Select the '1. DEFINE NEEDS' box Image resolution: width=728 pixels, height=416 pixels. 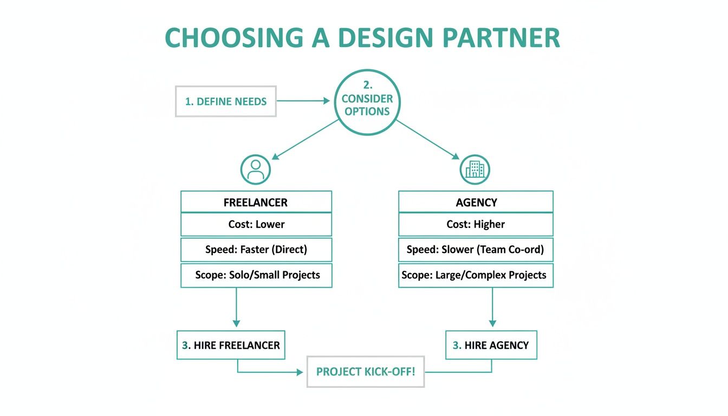[x=226, y=101]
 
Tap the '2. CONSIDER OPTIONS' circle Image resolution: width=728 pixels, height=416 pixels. [x=367, y=102]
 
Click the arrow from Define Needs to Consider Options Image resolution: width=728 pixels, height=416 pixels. [x=303, y=101]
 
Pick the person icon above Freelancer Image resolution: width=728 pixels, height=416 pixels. [x=255, y=169]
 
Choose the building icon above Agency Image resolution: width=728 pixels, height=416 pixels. [x=475, y=169]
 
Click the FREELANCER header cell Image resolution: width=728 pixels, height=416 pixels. [x=256, y=202]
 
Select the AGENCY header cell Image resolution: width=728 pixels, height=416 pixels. [x=476, y=202]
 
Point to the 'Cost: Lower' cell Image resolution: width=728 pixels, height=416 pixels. [x=256, y=224]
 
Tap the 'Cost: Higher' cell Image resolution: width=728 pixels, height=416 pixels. [x=476, y=224]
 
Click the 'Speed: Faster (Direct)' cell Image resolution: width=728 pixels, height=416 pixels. [x=256, y=250]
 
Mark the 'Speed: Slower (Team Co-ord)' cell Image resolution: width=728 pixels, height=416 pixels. [x=476, y=250]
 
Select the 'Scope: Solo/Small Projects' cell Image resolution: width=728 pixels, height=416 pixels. [x=256, y=275]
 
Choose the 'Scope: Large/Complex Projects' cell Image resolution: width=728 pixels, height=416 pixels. [x=476, y=275]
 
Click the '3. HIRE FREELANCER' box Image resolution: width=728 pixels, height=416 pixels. [x=231, y=345]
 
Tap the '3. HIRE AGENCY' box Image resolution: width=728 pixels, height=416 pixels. [x=491, y=345]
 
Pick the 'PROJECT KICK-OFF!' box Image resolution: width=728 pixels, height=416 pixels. [x=366, y=372]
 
